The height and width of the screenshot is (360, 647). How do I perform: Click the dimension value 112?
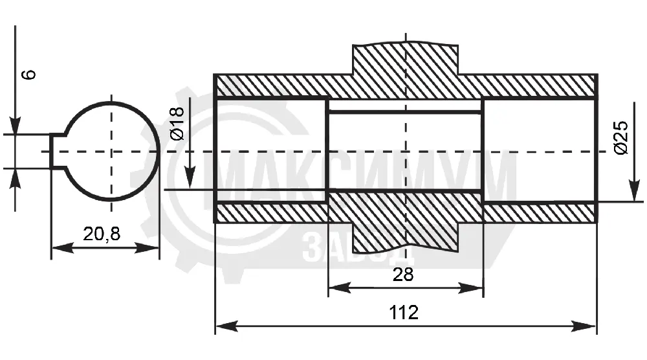pos(404,313)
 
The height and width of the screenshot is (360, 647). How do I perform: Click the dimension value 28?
pos(402,275)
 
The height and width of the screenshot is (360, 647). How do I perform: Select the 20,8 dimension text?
pos(102,234)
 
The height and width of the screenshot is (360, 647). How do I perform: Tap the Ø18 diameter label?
pos(177,124)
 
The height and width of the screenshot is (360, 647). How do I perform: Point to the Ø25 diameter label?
pos(620,138)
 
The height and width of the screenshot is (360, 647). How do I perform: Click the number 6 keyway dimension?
pos(29,74)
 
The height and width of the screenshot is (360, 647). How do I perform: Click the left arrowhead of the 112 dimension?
pos(226,326)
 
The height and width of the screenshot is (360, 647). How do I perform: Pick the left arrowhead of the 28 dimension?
pos(340,287)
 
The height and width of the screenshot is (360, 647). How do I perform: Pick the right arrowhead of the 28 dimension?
pos(472,287)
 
